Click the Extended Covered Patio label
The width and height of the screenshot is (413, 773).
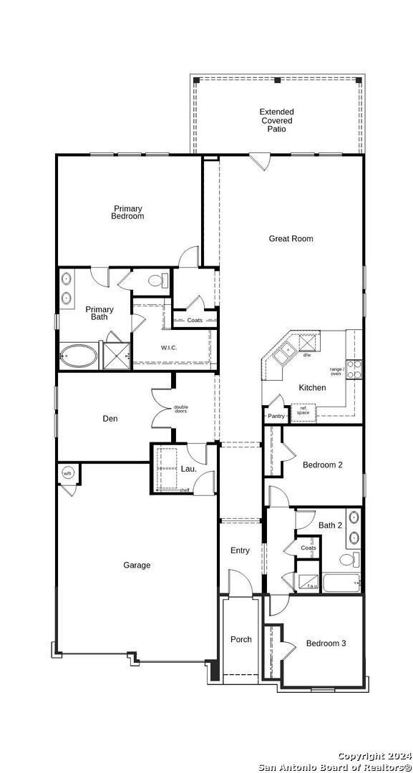click(x=276, y=121)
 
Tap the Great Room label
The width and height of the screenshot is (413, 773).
click(x=291, y=239)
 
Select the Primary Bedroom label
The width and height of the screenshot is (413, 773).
click(x=127, y=213)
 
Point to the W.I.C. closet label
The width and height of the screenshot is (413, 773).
click(x=169, y=349)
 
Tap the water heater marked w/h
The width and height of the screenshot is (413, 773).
click(x=68, y=473)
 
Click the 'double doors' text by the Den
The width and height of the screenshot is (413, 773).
click(x=181, y=409)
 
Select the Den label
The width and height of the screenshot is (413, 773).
click(x=110, y=419)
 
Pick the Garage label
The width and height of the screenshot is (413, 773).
click(x=137, y=565)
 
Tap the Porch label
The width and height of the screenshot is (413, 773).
click(x=241, y=639)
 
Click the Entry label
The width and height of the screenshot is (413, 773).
click(x=240, y=550)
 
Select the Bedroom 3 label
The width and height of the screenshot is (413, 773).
click(x=326, y=643)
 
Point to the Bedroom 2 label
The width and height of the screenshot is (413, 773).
click(x=322, y=465)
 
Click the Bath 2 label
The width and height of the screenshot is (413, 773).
click(x=330, y=525)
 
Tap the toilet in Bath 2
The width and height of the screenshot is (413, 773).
click(x=349, y=559)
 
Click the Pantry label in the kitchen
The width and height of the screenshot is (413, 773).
click(x=276, y=416)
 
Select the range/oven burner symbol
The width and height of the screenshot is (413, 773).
click(x=353, y=369)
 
